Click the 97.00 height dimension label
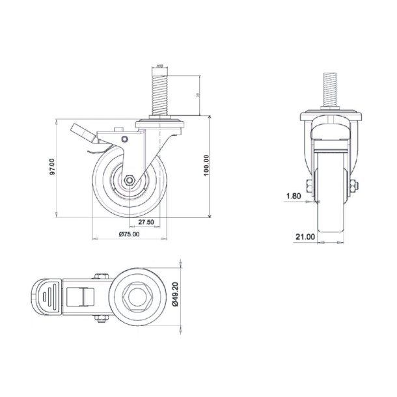tap(57, 166)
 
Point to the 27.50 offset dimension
tap(146, 222)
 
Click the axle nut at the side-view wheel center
tap(129, 180)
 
